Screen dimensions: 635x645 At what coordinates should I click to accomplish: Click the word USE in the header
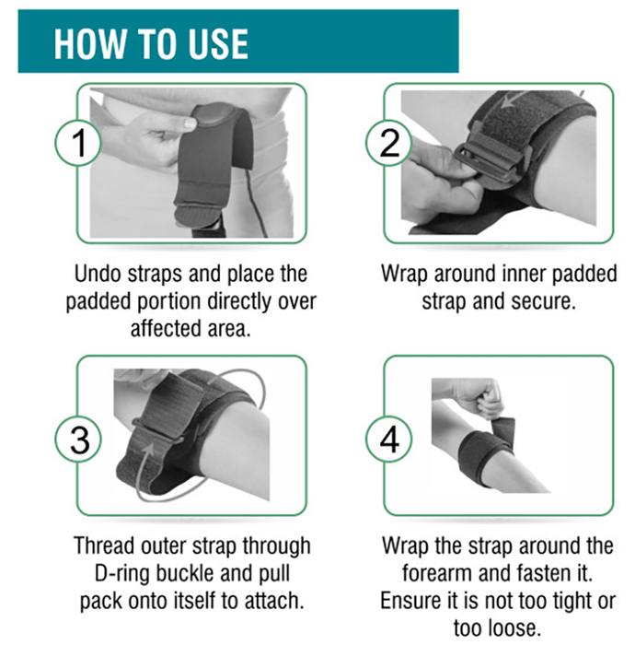tap(218, 44)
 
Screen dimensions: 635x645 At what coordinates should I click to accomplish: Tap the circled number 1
tap(78, 142)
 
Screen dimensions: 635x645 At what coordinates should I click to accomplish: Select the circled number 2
tap(389, 142)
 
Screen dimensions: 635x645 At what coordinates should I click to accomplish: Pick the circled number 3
tap(78, 440)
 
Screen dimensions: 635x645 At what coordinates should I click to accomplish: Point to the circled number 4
tap(389, 440)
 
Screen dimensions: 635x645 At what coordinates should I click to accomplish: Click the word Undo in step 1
tap(98, 274)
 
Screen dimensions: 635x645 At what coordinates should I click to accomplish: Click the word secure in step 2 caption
tap(545, 301)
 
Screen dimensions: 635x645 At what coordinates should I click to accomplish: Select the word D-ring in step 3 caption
tap(122, 573)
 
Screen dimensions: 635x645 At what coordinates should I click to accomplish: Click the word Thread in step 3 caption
tap(105, 545)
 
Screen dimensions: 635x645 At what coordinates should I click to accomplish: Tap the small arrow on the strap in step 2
tap(511, 100)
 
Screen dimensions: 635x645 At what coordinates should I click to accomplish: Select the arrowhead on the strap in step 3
tap(148, 450)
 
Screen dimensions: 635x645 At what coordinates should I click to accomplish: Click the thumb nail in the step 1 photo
tap(190, 123)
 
